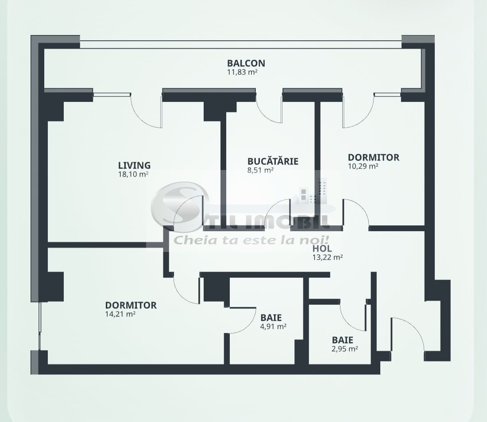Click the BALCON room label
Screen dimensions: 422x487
point(246,63)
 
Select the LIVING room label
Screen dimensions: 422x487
point(134,165)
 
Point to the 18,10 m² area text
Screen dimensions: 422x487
point(131,174)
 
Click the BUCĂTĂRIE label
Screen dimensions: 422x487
point(273,161)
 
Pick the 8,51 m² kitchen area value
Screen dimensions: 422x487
point(260,170)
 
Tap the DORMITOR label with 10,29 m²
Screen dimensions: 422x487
point(373,157)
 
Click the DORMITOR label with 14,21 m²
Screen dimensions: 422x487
point(131,305)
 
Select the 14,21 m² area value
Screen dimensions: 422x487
point(120,314)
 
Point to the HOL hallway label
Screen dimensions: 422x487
point(322,249)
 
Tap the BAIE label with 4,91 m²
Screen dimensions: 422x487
point(271,317)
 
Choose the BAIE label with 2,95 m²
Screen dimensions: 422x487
point(343,340)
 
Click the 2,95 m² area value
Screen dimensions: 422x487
point(345,348)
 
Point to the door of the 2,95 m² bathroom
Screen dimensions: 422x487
point(353,315)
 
